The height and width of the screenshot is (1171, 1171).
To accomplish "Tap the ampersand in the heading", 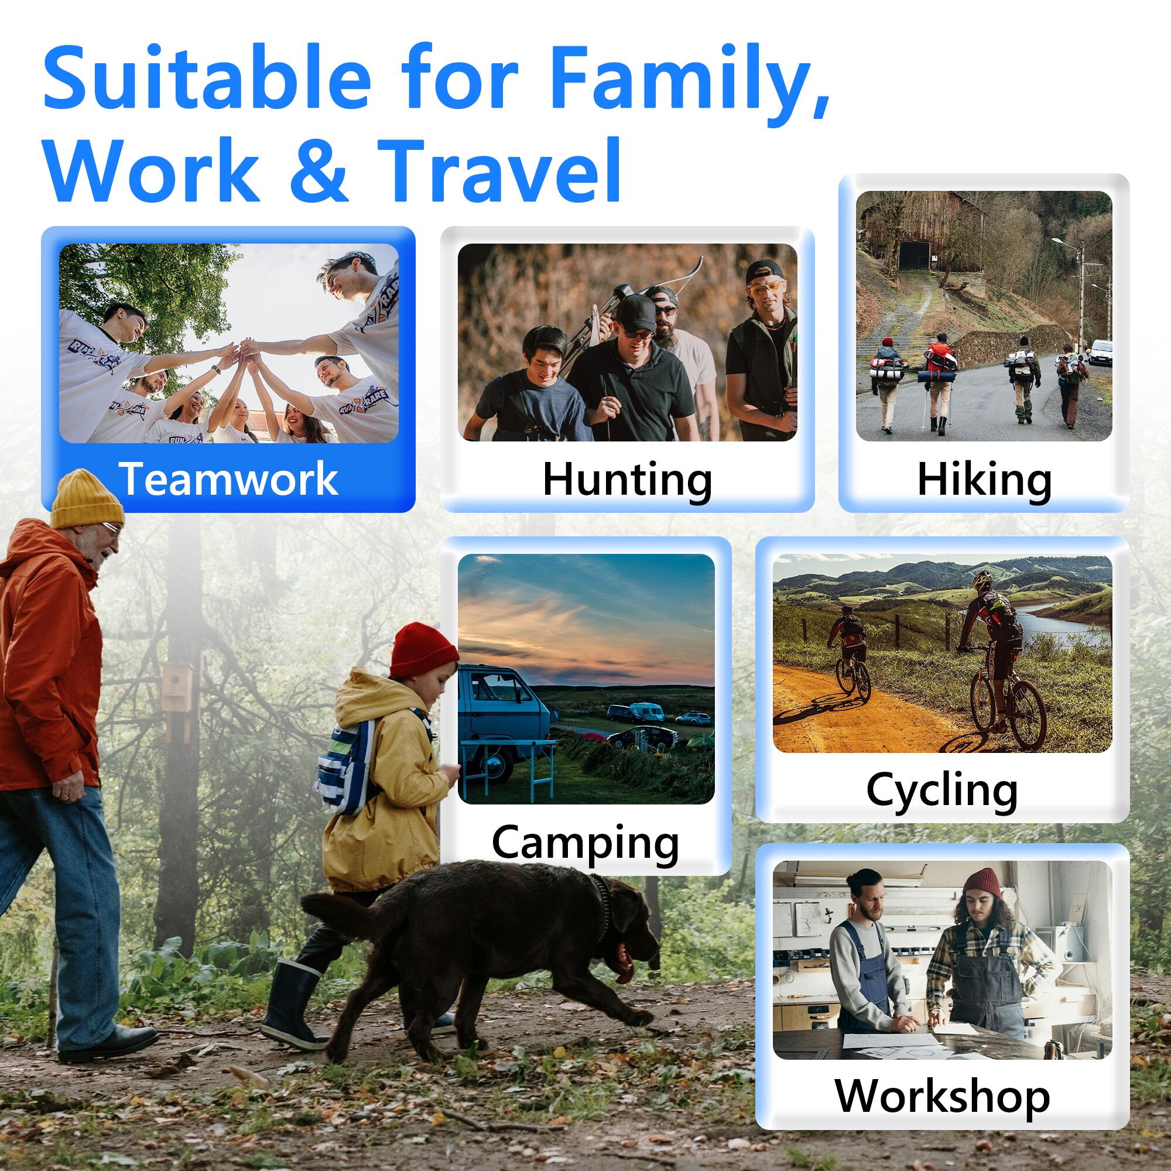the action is pos(318,170).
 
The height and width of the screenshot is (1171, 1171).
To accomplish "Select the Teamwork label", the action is pos(228,479).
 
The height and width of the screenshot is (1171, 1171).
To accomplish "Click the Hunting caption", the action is pos(627,480).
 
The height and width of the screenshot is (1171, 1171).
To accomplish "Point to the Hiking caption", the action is pos(984,480).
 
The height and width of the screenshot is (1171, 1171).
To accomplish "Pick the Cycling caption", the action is pos(942,790).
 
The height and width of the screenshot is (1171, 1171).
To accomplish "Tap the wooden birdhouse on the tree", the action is pos(179,688).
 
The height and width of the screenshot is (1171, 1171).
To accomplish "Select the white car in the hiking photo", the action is pos(1100,352).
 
